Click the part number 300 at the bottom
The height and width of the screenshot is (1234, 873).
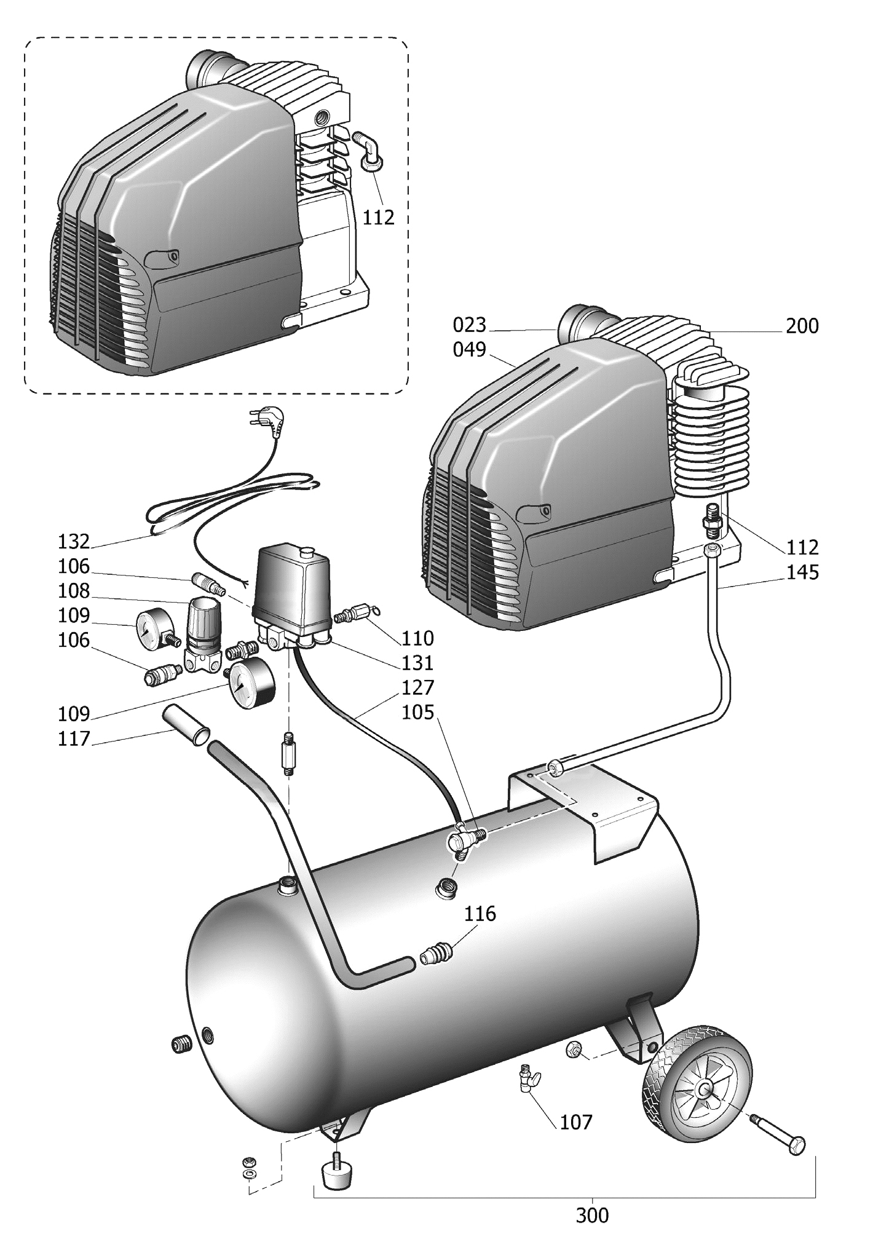592,1215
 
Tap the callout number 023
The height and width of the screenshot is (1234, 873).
469,325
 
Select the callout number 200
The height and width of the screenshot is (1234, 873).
802,326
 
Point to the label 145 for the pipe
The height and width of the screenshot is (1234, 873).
802,572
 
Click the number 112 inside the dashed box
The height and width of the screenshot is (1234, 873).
378,217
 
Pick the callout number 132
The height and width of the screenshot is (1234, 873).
74,542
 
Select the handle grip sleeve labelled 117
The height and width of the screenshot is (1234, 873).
186,726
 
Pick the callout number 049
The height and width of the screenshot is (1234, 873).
469,349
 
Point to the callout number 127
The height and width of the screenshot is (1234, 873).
417,687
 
